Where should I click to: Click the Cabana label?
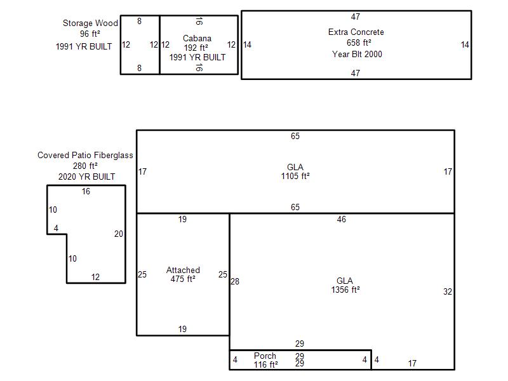pos(197,38)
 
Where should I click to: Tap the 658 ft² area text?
pos(359,43)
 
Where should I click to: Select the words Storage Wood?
pos(90,23)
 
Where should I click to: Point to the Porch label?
pos(265,356)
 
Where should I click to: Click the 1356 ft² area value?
pos(345,290)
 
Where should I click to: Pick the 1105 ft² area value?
pos(295,176)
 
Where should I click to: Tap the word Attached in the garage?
pos(183,270)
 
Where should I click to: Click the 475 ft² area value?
pos(183,279)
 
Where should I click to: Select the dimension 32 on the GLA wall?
pos(448,291)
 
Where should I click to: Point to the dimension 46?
pos(342,219)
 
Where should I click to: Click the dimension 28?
pos(235,281)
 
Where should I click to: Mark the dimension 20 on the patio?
pos(119,234)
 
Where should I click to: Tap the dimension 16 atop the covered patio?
pos(86,192)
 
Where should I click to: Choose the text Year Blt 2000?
pos(357,54)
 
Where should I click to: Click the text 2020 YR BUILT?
pos(86,177)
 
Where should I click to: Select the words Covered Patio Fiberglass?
pos(85,155)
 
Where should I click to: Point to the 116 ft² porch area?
pos(265,364)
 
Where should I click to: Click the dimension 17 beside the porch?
pos(412,363)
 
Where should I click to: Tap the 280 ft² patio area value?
pos(85,166)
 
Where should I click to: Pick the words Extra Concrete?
pos(356,32)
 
